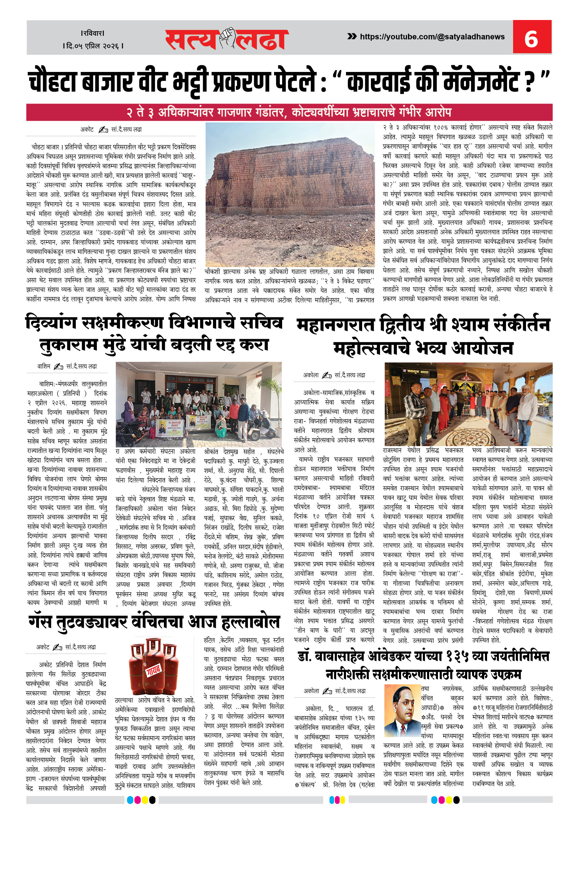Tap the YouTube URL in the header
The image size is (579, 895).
tap(432, 37)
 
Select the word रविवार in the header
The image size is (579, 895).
tap(93, 33)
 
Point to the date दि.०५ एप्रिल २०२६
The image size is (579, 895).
tap(93, 46)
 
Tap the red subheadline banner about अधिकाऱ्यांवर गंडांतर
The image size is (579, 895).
tap(289, 112)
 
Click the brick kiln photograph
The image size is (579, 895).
tap(290, 194)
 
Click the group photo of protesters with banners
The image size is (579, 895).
tap(199, 404)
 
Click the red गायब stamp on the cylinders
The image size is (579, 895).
tap(153, 670)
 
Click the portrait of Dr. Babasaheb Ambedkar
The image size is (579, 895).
tap(401, 710)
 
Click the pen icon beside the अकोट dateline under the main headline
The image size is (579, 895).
tap(103, 130)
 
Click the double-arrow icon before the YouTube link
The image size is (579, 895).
tap(352, 37)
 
